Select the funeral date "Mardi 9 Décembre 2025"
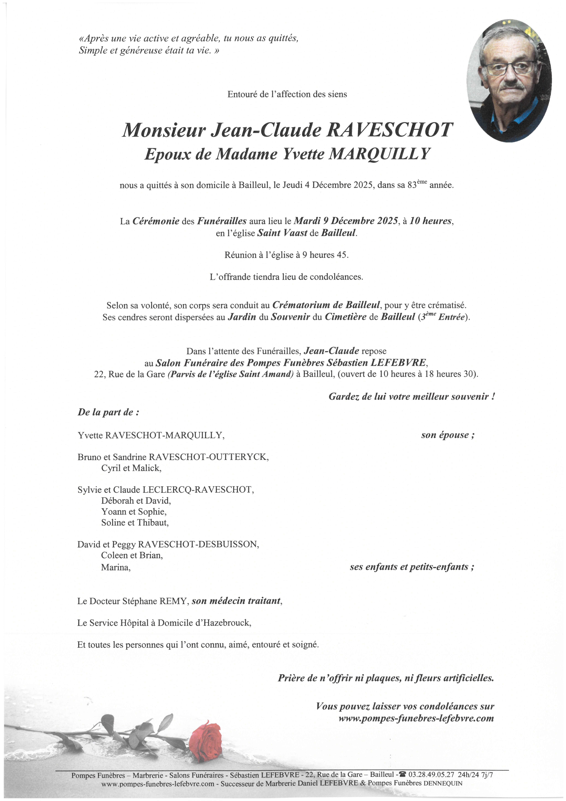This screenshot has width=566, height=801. pyautogui.click(x=346, y=221)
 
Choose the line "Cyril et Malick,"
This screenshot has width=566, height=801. pyautogui.click(x=131, y=468)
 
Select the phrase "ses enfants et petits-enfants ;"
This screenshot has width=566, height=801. pyautogui.click(x=412, y=567)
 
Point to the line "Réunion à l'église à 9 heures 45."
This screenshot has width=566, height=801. pyautogui.click(x=286, y=255)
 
